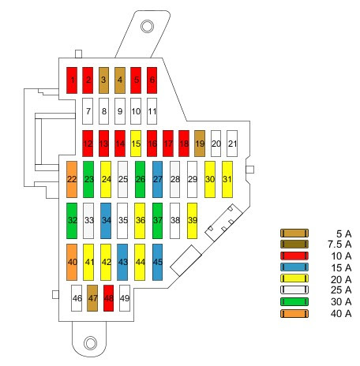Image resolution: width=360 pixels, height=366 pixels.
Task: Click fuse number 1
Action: click(72, 80)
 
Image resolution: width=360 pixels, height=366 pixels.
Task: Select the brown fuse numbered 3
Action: click(103, 80)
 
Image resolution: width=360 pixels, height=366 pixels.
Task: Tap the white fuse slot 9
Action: click(120, 111)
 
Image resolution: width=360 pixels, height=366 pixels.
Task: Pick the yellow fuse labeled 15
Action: click(136, 144)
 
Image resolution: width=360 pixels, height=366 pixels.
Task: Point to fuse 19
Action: click(200, 144)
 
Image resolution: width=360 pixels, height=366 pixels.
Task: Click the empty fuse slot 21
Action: click(232, 144)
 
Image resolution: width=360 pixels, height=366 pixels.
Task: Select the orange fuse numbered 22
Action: click(72, 179)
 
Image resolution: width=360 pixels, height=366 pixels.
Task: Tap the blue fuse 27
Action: click(157, 179)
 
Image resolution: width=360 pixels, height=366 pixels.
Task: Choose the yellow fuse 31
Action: click(227, 179)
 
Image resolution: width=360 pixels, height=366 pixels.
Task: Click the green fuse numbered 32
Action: click(72, 221)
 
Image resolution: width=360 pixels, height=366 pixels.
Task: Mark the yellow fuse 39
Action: click(193, 221)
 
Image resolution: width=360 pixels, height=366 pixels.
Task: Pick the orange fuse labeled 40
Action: click(72, 262)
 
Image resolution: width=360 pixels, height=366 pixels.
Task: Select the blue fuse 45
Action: click(157, 262)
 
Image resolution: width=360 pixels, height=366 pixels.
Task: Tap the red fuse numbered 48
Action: click(109, 298)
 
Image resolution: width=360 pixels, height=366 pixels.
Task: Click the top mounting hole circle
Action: click(147, 26)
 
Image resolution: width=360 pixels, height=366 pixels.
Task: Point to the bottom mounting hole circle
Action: click(90, 343)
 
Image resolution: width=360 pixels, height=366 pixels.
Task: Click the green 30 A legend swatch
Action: click(294, 301)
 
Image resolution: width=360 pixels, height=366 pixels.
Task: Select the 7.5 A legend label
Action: click(339, 245)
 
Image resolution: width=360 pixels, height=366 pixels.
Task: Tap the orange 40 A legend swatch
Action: click(294, 314)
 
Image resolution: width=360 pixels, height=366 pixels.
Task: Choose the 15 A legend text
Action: click(341, 267)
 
